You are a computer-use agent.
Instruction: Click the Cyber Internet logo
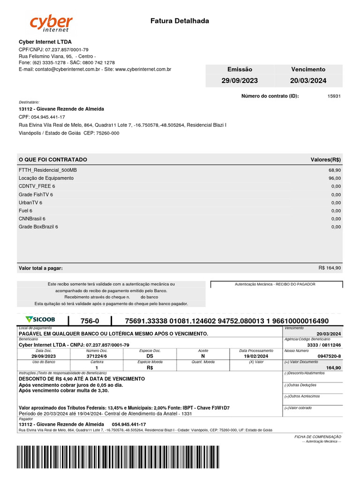click(x=52, y=24)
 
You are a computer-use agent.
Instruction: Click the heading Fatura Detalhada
click(x=180, y=21)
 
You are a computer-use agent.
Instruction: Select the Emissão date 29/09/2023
click(x=240, y=81)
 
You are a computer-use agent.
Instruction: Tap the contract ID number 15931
click(x=334, y=96)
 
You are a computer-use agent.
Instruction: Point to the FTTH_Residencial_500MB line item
click(x=48, y=170)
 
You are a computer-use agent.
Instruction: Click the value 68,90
click(x=335, y=170)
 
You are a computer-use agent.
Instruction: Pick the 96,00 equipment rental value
click(x=335, y=179)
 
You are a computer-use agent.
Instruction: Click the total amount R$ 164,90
click(x=330, y=268)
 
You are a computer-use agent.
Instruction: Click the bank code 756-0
click(x=90, y=321)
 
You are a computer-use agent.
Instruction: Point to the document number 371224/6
click(x=97, y=356)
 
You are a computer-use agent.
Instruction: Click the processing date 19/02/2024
click(x=256, y=356)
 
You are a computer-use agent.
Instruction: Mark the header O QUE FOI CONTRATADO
click(x=53, y=160)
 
